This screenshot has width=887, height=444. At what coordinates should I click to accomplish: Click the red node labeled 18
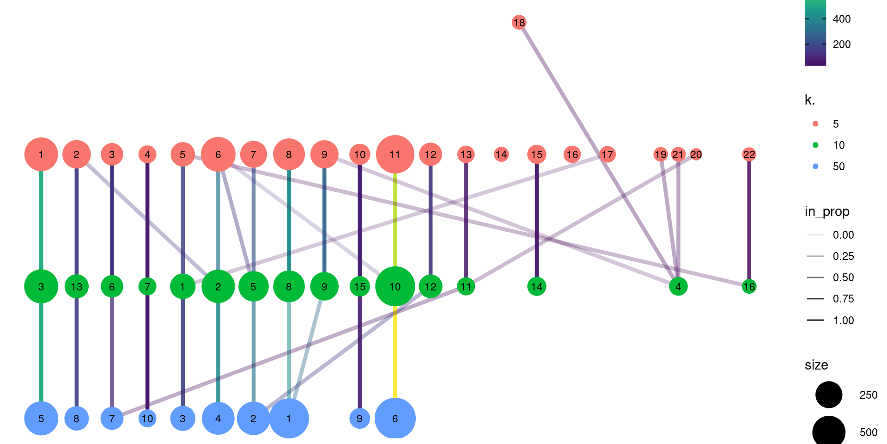tap(519, 22)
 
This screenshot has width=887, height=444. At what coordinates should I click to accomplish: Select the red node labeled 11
tap(395, 154)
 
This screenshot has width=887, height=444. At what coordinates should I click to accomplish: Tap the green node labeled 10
tap(395, 287)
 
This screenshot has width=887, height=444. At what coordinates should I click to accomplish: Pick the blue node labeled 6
tap(395, 419)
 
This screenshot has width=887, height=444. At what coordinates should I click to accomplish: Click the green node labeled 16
tap(749, 287)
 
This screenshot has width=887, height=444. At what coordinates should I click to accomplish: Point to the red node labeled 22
tap(749, 154)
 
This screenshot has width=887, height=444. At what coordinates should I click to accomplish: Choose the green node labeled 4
tap(678, 287)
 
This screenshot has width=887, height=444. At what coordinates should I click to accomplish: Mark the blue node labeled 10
tap(147, 419)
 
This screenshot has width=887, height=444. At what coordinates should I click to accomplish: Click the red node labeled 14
tap(501, 154)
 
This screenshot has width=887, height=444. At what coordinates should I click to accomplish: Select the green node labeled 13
tap(77, 287)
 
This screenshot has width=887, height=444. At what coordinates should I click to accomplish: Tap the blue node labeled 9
tap(359, 419)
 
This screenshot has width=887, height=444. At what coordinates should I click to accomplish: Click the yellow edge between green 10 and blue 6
tap(395, 351)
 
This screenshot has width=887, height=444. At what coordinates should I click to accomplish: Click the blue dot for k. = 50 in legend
tap(815, 166)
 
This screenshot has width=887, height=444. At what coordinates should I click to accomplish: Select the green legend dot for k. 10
tap(815, 145)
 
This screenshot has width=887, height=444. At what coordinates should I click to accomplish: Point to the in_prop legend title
tap(827, 211)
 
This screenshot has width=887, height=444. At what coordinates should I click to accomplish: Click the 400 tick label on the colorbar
tap(841, 19)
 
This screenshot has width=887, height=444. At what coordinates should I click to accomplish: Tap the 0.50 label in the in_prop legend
tap(843, 277)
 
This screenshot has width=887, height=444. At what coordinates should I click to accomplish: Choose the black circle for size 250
tap(829, 395)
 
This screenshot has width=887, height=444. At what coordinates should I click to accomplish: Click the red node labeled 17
tap(608, 154)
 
